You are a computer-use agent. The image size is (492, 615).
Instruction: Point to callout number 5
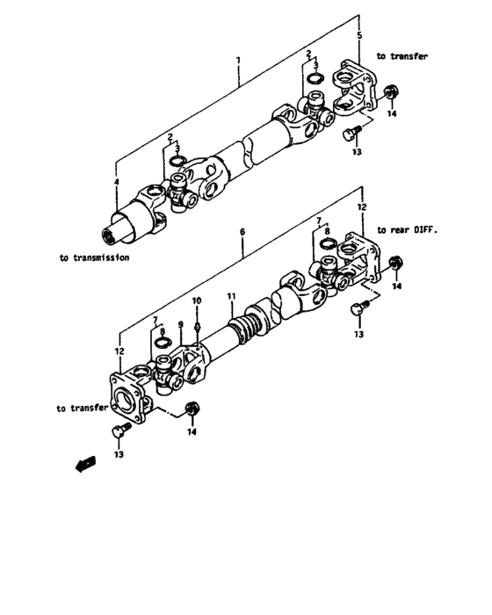point(358,35)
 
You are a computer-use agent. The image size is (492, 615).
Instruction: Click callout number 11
point(229,298)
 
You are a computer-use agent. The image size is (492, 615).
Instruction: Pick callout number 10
point(197,300)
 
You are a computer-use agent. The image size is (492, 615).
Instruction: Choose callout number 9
point(179,325)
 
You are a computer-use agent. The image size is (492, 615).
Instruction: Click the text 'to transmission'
point(95,258)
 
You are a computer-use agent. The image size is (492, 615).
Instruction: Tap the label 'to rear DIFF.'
point(407,228)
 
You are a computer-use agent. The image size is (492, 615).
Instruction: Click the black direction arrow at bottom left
point(86,466)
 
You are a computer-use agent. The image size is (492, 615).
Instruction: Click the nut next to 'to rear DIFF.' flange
point(396,262)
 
